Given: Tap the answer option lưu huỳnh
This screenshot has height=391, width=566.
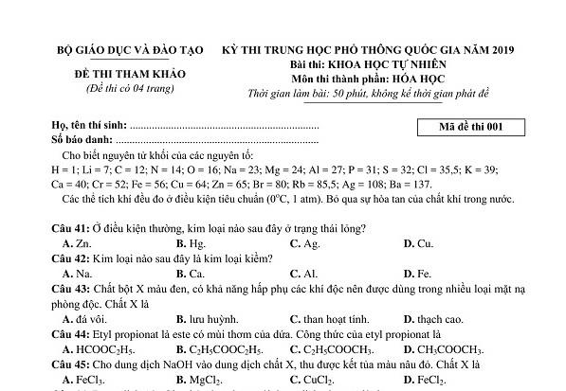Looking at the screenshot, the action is [196, 319].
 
